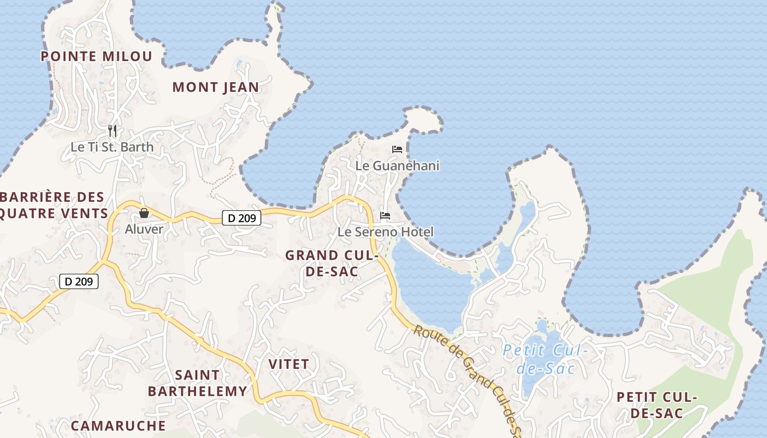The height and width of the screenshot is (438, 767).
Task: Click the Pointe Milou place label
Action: tap(96, 56)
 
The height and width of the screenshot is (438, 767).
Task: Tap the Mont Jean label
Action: tap(215, 87)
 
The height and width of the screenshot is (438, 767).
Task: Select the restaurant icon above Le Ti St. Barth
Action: tap(112, 130)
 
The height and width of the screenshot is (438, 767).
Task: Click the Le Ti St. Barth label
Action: tap(112, 147)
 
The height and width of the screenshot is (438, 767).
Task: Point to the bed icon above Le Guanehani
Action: tap(397, 149)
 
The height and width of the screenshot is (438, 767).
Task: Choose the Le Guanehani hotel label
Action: tap(397, 165)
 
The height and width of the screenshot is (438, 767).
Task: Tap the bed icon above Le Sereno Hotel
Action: tap(385, 216)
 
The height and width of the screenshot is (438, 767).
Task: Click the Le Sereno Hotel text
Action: tap(385, 232)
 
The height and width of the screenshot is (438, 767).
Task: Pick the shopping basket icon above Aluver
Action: tap(144, 212)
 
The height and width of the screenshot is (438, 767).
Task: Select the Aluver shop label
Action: tap(144, 229)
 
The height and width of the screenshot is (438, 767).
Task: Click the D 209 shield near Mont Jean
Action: tap(242, 218)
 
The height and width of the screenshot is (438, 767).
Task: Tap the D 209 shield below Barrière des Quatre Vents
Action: tap(79, 281)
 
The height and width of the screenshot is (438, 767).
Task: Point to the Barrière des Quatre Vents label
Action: tap(53, 205)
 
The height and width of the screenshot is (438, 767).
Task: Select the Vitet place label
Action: tap(289, 364)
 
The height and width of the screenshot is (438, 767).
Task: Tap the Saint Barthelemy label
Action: tap(197, 383)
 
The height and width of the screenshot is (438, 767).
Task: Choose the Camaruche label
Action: tap(118, 425)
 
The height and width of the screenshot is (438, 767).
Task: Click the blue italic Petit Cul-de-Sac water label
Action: tap(545, 359)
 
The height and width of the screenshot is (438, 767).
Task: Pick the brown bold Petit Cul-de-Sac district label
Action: tap(656, 405)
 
